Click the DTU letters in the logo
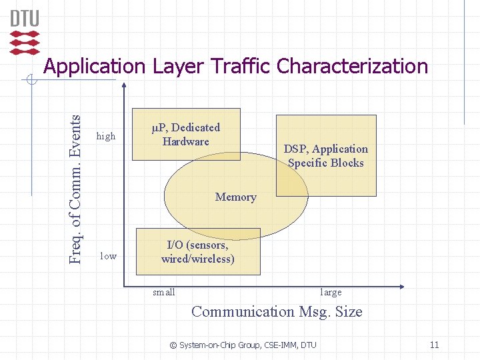(x=25, y=18)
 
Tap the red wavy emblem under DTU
(x=25, y=41)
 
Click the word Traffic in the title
(x=240, y=66)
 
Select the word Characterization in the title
(x=352, y=66)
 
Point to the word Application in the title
(x=94, y=66)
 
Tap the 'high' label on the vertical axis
(x=106, y=136)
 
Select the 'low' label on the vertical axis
(x=108, y=256)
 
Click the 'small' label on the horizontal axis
(x=164, y=292)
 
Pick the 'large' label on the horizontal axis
(x=331, y=292)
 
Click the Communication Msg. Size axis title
(x=277, y=311)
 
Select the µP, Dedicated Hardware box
(x=186, y=134)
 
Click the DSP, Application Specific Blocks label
(x=325, y=156)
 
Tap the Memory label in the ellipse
(x=235, y=197)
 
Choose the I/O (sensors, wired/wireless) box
(x=198, y=251)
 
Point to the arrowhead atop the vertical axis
(x=124, y=85)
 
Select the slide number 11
(x=434, y=345)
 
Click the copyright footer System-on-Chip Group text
(x=243, y=345)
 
